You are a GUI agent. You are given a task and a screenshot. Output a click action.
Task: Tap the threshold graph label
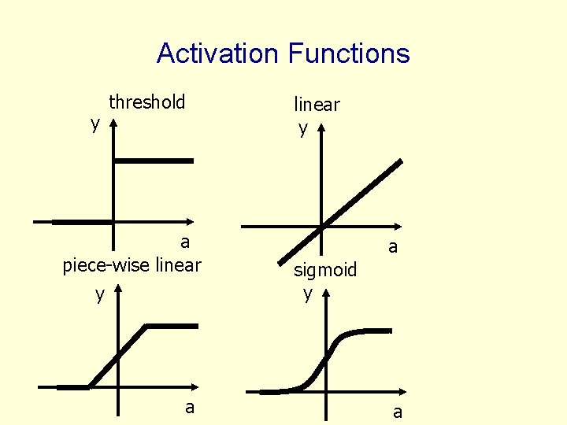[x=146, y=102]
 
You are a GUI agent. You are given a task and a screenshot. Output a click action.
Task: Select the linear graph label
[x=317, y=105]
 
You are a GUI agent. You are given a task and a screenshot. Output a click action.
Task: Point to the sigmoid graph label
[x=325, y=271]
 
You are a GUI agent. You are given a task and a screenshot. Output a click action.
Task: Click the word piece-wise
[x=108, y=265]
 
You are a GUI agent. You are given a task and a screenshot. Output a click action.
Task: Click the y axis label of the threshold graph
[x=95, y=124]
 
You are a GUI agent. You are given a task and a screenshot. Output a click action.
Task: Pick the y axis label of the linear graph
[x=303, y=128]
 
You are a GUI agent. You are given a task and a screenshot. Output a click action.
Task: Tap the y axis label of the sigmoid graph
[x=308, y=294]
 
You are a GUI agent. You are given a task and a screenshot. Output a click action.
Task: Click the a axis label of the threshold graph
[x=185, y=242]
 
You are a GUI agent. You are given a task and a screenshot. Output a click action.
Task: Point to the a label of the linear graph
[x=392, y=247]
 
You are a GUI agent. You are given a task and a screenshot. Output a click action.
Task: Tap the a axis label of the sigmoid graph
[x=398, y=412]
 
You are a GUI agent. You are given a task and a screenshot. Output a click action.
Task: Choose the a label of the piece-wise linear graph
[x=189, y=407]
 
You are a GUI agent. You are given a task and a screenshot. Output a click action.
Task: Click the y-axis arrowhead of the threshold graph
[x=114, y=124]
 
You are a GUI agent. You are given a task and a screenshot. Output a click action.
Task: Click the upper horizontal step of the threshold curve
[x=154, y=161]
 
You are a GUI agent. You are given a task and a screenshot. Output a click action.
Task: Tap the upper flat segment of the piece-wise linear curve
[x=172, y=326]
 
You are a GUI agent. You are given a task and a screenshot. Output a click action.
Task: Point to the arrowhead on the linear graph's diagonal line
[x=399, y=163]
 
